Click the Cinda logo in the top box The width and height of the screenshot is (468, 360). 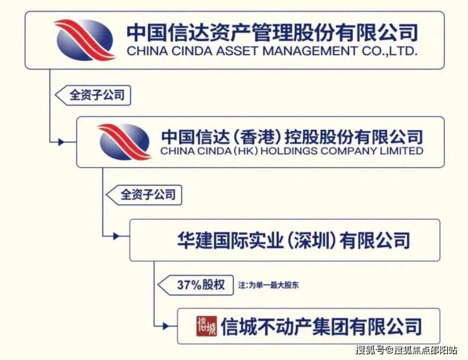coord(85,40)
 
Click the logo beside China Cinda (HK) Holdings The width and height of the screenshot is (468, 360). coord(124,142)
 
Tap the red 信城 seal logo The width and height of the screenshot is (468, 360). coord(207,326)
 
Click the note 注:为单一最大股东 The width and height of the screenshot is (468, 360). coord(268,285)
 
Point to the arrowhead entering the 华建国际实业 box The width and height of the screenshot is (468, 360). coord(116,237)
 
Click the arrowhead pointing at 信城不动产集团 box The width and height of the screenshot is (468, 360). coord(166,326)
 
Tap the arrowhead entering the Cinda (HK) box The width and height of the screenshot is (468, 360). coord(61,142)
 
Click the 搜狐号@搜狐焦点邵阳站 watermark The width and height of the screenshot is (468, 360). coord(406,350)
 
